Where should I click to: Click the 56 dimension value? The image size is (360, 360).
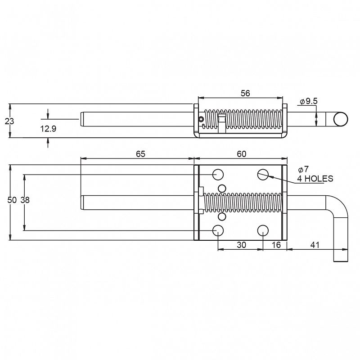pos(245,93)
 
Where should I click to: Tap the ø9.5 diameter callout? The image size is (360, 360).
pos(309,101)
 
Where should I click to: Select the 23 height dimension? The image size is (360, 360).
pos(9,121)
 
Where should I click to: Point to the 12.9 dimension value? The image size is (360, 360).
pos(48,129)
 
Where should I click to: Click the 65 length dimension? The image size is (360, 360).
pos(140,154)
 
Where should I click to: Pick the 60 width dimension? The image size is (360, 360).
pos(242,154)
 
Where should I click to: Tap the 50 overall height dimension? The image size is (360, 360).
pos(12,200)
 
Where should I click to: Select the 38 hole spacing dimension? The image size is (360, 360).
pos(25,200)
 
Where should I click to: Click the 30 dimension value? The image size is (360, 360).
pos(241,245)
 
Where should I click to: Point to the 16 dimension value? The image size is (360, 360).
pos(276,245)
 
